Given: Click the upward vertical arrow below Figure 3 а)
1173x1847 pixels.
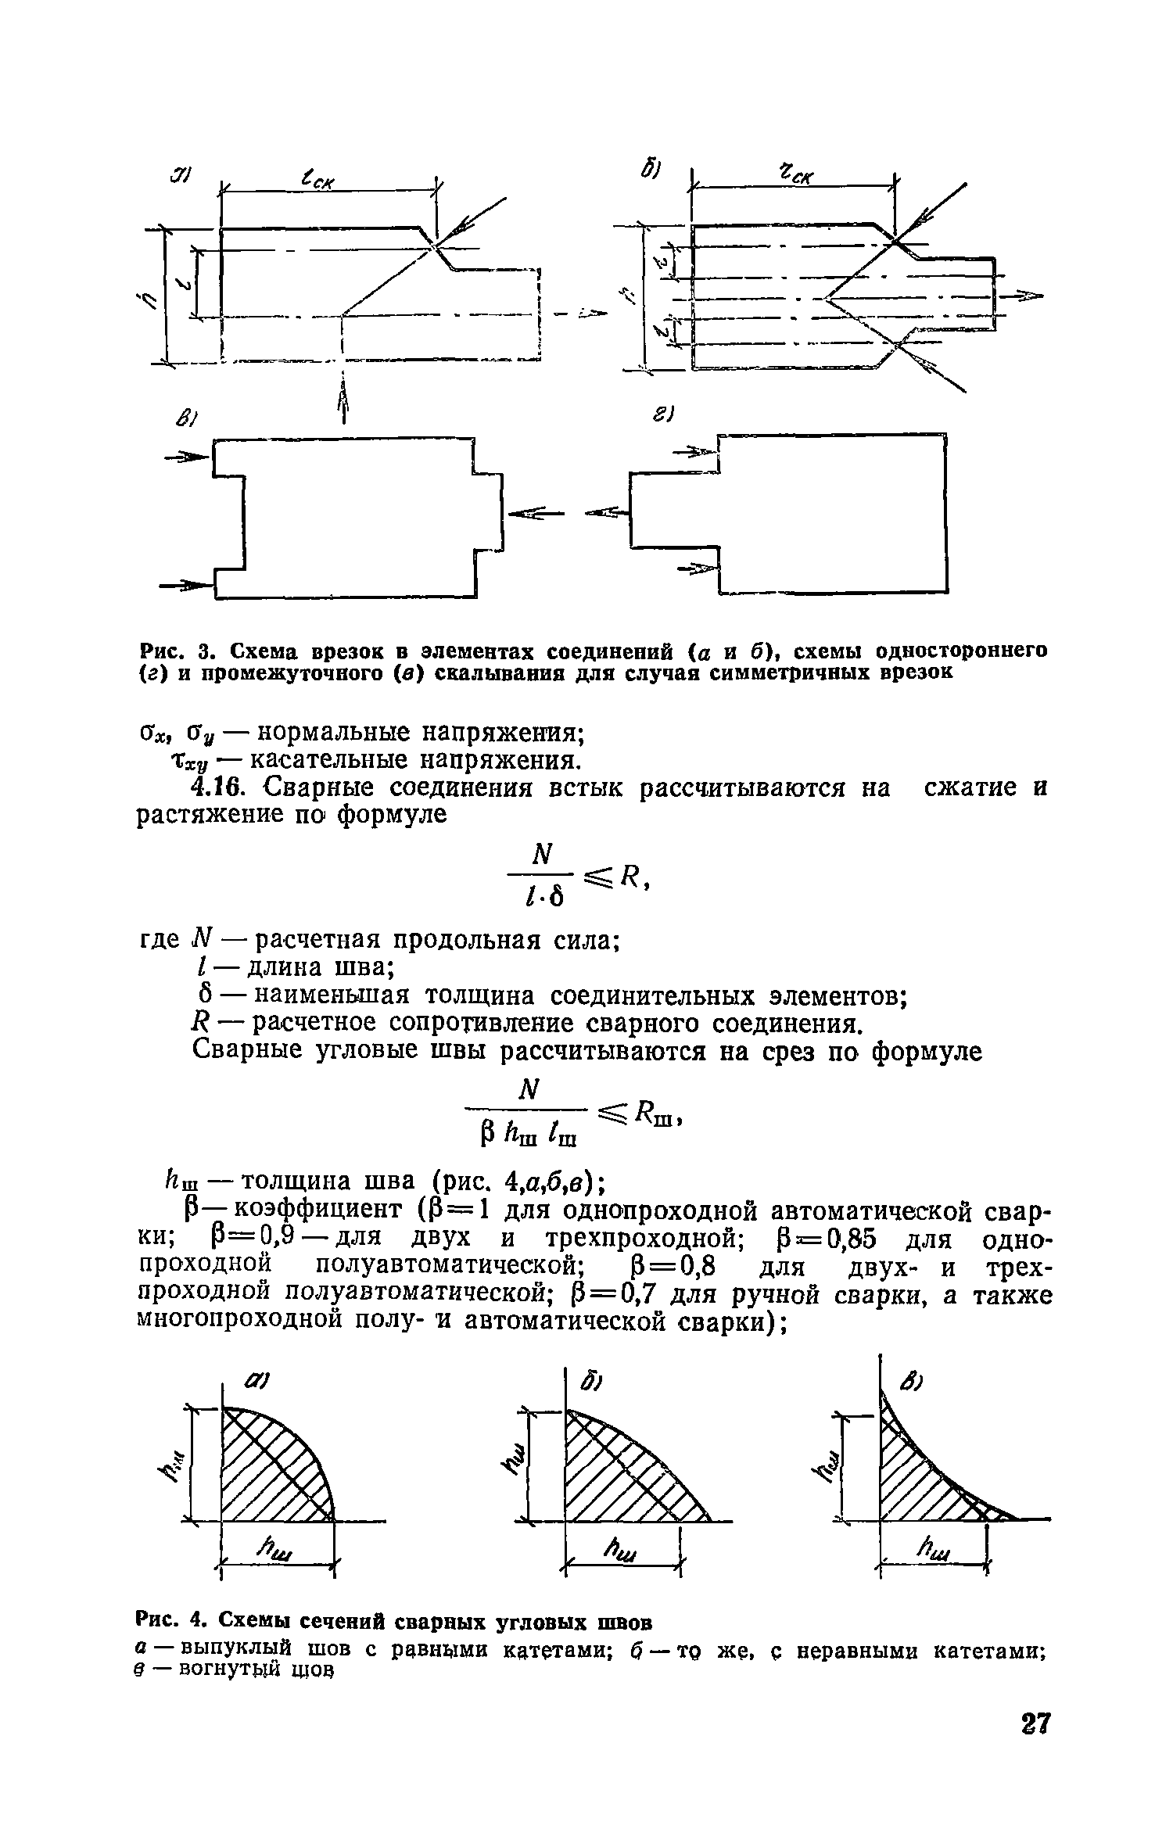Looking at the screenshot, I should [342, 407].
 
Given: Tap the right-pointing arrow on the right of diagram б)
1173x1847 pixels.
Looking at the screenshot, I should [1024, 295].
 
